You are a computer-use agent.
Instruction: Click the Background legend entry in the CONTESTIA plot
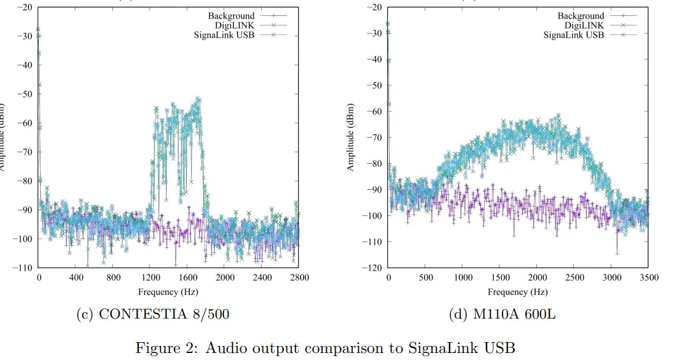[x=231, y=16]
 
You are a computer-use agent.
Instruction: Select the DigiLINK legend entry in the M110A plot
[x=585, y=25]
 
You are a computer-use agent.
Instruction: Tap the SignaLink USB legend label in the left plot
[x=224, y=34]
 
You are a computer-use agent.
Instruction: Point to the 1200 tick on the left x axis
[x=150, y=278]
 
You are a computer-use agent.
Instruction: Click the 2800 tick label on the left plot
[x=299, y=278]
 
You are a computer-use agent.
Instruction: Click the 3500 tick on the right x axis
[x=649, y=278]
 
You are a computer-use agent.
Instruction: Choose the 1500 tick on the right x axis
[x=500, y=278]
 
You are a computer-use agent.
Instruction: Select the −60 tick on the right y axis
[x=374, y=111]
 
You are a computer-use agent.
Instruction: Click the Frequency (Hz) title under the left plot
[x=168, y=292]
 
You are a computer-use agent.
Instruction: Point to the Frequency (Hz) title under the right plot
[x=517, y=292]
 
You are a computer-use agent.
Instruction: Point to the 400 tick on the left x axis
[x=76, y=278]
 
